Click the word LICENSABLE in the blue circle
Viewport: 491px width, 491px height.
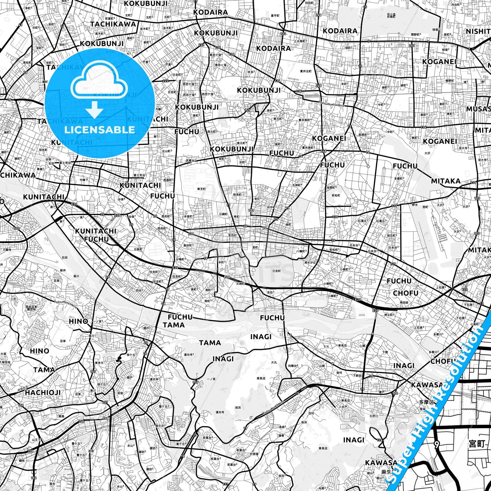pos(100,129)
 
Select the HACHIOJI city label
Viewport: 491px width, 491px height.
pos(43,392)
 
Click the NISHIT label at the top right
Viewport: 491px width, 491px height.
pos(478,31)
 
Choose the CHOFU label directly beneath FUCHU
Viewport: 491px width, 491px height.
pos(405,293)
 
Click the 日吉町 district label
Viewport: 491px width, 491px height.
pos(277,271)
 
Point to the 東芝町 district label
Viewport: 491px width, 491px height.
pos(201,189)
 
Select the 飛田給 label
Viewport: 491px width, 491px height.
pos(404,302)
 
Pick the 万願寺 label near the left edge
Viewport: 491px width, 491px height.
pos(7,250)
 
